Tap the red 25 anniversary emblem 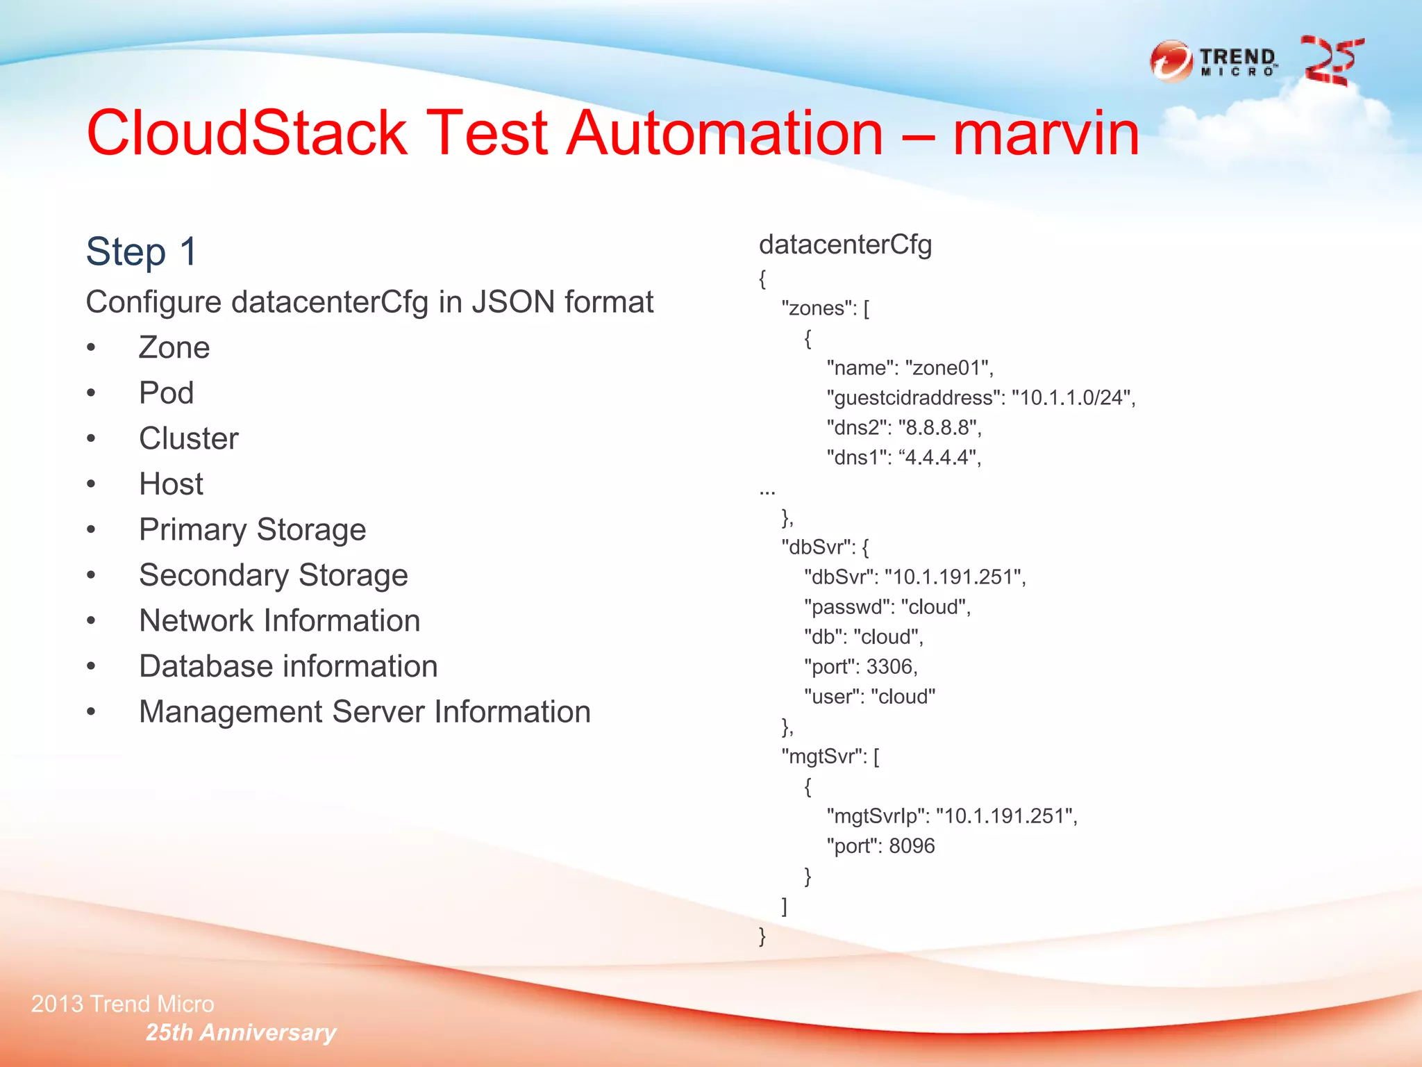pyautogui.click(x=1331, y=61)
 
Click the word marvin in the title pyautogui.click(x=1046, y=133)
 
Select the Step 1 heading pyautogui.click(x=142, y=251)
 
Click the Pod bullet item pyautogui.click(x=166, y=393)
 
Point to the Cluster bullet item pyautogui.click(x=188, y=439)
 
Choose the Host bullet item pyautogui.click(x=171, y=484)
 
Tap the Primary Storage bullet pyautogui.click(x=252, y=530)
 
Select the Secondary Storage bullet pyautogui.click(x=273, y=576)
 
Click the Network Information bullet pyautogui.click(x=279, y=621)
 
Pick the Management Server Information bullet pyautogui.click(x=364, y=712)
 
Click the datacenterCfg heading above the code pyautogui.click(x=845, y=245)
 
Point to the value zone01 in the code pyautogui.click(x=948, y=368)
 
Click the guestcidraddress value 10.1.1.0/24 pyautogui.click(x=1072, y=398)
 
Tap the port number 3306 pyautogui.click(x=889, y=667)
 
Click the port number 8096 pyautogui.click(x=912, y=846)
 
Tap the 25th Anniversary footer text pyautogui.click(x=240, y=1033)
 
